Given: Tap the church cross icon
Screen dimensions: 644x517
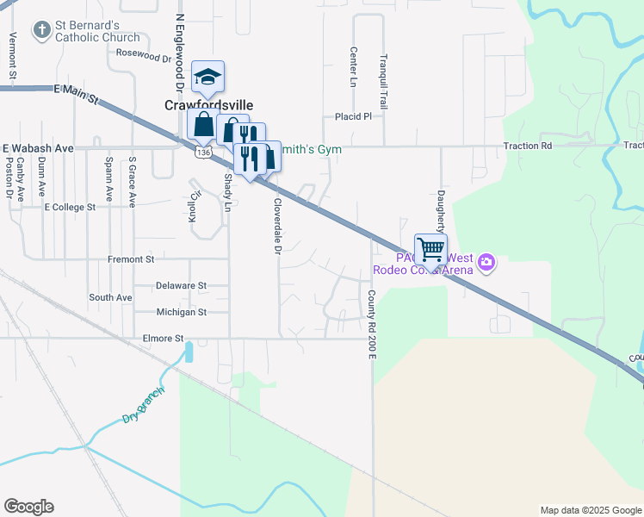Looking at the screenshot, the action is click(x=40, y=31).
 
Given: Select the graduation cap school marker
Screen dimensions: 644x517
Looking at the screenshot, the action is click(x=207, y=78).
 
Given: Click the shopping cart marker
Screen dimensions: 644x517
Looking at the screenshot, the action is click(x=430, y=250).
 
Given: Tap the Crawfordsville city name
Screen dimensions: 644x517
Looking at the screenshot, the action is click(x=209, y=105).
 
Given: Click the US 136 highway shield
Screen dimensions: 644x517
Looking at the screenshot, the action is click(x=202, y=152).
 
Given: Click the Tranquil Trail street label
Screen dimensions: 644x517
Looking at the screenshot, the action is click(x=385, y=78).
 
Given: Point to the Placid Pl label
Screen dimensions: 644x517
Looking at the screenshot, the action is click(x=353, y=116).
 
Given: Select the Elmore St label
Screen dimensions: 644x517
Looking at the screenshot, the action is click(x=162, y=339).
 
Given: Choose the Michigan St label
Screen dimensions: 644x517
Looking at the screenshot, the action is click(x=181, y=312).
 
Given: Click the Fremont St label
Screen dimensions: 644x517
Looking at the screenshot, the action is click(x=131, y=258).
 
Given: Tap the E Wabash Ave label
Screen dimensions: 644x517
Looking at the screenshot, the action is click(x=39, y=147).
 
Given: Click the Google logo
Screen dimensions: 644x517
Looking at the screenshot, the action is click(x=28, y=507).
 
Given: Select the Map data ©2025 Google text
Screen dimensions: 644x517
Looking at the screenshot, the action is click(x=590, y=510).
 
